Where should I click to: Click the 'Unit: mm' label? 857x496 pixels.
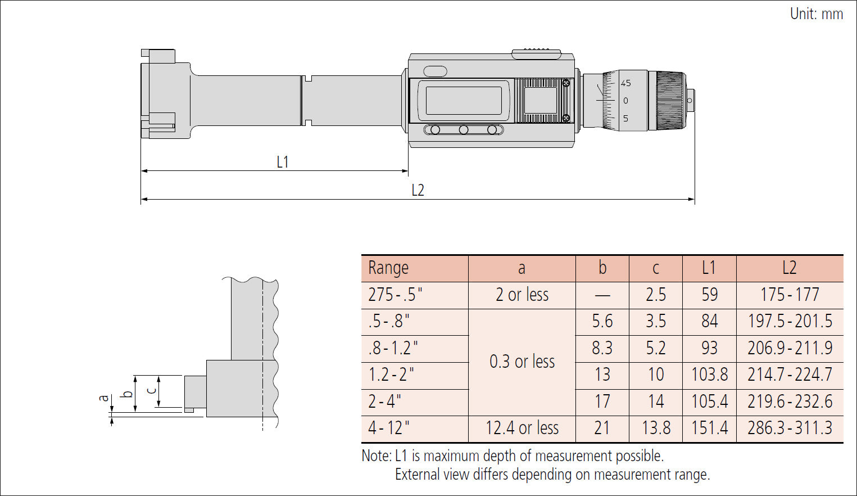pyautogui.click(x=816, y=13)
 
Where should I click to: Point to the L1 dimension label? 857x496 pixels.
pyautogui.click(x=282, y=162)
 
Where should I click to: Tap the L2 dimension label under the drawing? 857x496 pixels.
pyautogui.click(x=418, y=190)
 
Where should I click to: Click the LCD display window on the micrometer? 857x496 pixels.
pyautogui.click(x=464, y=101)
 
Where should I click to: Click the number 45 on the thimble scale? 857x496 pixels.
pyautogui.click(x=625, y=83)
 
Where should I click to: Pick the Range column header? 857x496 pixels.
pyautogui.click(x=388, y=268)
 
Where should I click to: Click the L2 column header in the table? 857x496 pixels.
pyautogui.click(x=789, y=268)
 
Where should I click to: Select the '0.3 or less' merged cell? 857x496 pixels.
pyautogui.click(x=522, y=362)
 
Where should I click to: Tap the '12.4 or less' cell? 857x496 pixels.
pyautogui.click(x=522, y=429)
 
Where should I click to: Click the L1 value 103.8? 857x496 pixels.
pyautogui.click(x=709, y=375)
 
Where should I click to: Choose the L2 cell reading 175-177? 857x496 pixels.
pyautogui.click(x=789, y=295)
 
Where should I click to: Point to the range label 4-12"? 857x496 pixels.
pyautogui.click(x=388, y=429)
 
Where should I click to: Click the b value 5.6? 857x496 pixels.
pyautogui.click(x=602, y=321)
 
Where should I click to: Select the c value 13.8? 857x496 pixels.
pyautogui.click(x=655, y=429)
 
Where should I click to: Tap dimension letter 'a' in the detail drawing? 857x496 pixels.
pyautogui.click(x=103, y=398)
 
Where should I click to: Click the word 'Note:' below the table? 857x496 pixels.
pyautogui.click(x=376, y=456)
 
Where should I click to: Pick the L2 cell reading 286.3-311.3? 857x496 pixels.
pyautogui.click(x=789, y=429)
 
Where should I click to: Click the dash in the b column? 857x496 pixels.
pyautogui.click(x=602, y=295)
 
